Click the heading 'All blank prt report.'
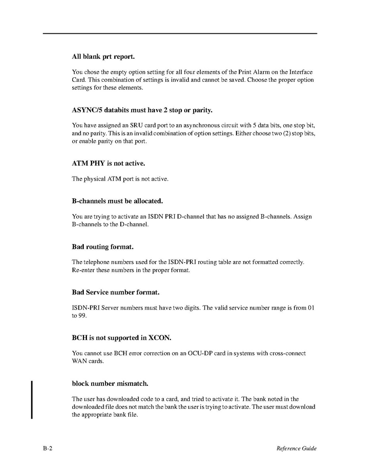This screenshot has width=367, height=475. [x=103, y=57]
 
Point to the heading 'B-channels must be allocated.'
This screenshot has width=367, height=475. [x=117, y=201]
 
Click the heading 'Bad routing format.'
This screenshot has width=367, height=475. [x=102, y=247]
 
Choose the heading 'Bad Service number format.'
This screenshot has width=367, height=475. [x=115, y=292]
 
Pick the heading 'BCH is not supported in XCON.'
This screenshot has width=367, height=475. [x=121, y=338]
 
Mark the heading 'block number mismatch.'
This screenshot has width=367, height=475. [x=110, y=384]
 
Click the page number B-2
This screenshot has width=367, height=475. [x=48, y=448]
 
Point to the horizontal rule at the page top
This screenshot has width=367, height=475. [x=180, y=33]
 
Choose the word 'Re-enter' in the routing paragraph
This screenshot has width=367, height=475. [x=83, y=270]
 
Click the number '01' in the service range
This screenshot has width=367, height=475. [x=311, y=308]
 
